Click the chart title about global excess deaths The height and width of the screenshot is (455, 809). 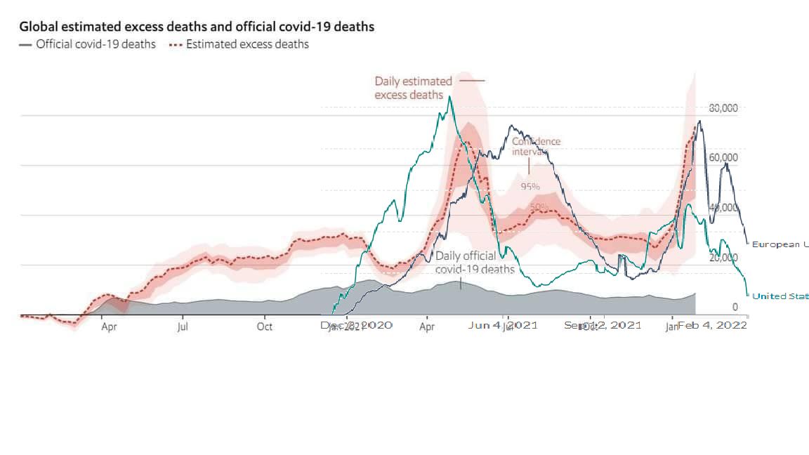197,27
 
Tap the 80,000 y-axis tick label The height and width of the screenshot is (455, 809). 723,108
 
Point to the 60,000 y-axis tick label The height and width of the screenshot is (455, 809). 723,157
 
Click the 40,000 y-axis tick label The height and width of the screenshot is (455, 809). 723,208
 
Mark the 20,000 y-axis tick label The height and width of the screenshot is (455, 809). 723,258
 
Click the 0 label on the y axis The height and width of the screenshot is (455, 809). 735,307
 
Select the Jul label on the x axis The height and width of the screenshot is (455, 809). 183,326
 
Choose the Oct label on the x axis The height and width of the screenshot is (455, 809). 265,326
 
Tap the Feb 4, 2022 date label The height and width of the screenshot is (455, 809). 712,325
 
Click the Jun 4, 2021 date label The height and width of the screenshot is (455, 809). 502,325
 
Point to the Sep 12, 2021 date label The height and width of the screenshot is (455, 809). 603,325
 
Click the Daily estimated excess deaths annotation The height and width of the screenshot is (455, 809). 413,88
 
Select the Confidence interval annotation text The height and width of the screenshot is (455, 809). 537,146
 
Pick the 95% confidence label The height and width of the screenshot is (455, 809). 530,187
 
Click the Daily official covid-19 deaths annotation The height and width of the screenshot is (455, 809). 475,263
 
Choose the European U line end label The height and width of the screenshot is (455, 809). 780,244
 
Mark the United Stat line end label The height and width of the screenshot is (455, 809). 780,296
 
